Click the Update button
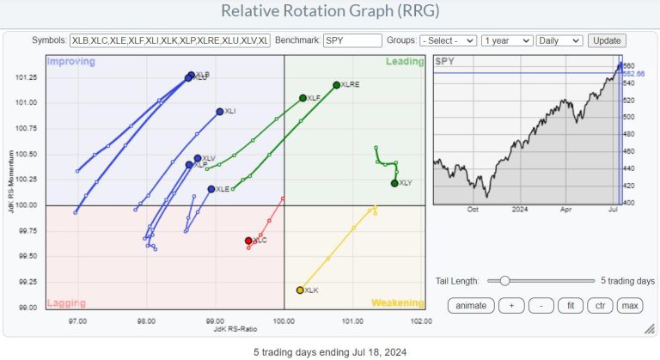(607, 40)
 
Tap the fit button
(566, 306)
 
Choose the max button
(628, 306)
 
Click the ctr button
(597, 306)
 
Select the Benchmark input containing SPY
(353, 40)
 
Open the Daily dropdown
(559, 40)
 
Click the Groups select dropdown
(448, 40)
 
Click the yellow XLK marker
(300, 290)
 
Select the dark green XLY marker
(394, 183)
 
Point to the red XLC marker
(248, 241)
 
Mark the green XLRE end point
(336, 85)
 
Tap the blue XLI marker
(220, 112)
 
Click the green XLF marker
(302, 98)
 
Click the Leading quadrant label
(405, 62)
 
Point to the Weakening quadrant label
(397, 302)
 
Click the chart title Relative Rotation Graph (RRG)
(329, 11)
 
